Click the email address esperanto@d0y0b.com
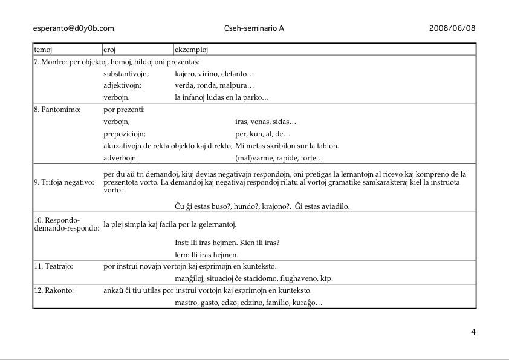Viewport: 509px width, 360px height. coord(74,28)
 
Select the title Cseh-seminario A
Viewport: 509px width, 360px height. coord(254,28)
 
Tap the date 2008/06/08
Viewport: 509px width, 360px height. coord(452,28)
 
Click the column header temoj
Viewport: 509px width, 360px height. coord(43,50)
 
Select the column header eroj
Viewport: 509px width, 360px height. coord(110,50)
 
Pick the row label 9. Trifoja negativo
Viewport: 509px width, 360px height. coord(64,182)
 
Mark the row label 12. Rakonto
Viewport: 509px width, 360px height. coord(54,290)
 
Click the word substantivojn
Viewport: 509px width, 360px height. coord(126,73)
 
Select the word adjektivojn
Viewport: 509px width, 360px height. coord(122,85)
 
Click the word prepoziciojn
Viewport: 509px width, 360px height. coord(125,134)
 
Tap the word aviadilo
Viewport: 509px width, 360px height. coord(334,206)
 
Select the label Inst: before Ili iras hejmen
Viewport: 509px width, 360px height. coord(181,243)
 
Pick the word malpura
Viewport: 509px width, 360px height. coord(239,85)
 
